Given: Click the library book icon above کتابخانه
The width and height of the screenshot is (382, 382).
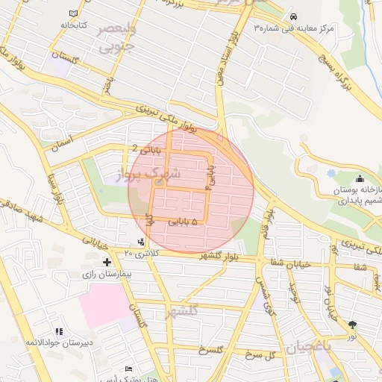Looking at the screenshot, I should click(73, 14).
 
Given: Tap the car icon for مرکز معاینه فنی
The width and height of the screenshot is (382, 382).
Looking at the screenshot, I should click(293, 16).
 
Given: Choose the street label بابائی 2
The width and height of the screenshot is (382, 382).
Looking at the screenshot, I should click(146, 148).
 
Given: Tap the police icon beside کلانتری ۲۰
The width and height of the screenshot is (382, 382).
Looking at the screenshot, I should click(142, 241).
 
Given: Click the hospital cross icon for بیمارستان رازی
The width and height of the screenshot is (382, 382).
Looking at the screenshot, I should click(107, 262).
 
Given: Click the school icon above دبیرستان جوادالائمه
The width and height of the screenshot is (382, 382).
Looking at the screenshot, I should click(59, 331).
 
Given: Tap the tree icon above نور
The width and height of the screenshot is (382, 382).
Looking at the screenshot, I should click(352, 325).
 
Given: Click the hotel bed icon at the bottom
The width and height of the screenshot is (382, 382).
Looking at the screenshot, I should click(129, 369).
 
